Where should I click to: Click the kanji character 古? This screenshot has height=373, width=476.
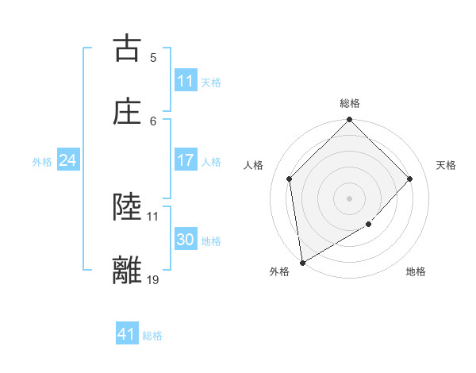click(x=127, y=48)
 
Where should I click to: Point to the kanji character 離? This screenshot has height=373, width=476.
click(x=127, y=270)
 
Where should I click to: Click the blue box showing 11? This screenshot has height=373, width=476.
click(x=186, y=81)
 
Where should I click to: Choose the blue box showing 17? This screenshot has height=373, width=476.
click(x=186, y=160)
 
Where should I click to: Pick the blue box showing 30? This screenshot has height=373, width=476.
click(x=186, y=240)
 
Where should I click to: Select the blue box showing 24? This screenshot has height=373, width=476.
click(x=67, y=160)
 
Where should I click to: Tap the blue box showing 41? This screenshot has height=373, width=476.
click(x=127, y=334)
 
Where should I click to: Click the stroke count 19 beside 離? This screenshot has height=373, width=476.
click(x=153, y=279)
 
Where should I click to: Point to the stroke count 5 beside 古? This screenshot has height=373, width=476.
click(x=153, y=57)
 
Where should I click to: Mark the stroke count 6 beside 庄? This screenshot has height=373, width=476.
click(x=153, y=121)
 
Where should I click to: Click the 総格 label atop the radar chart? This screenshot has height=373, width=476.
click(x=350, y=103)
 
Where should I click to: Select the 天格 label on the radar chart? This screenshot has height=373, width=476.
click(x=446, y=165)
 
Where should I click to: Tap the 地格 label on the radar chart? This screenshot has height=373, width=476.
click(x=416, y=271)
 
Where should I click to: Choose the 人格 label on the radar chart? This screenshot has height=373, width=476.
click(x=255, y=165)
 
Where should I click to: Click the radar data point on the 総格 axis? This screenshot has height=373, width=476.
click(x=350, y=121)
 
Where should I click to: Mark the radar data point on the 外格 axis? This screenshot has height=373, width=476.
click(x=302, y=262)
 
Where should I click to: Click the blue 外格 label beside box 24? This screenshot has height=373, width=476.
click(x=42, y=161)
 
